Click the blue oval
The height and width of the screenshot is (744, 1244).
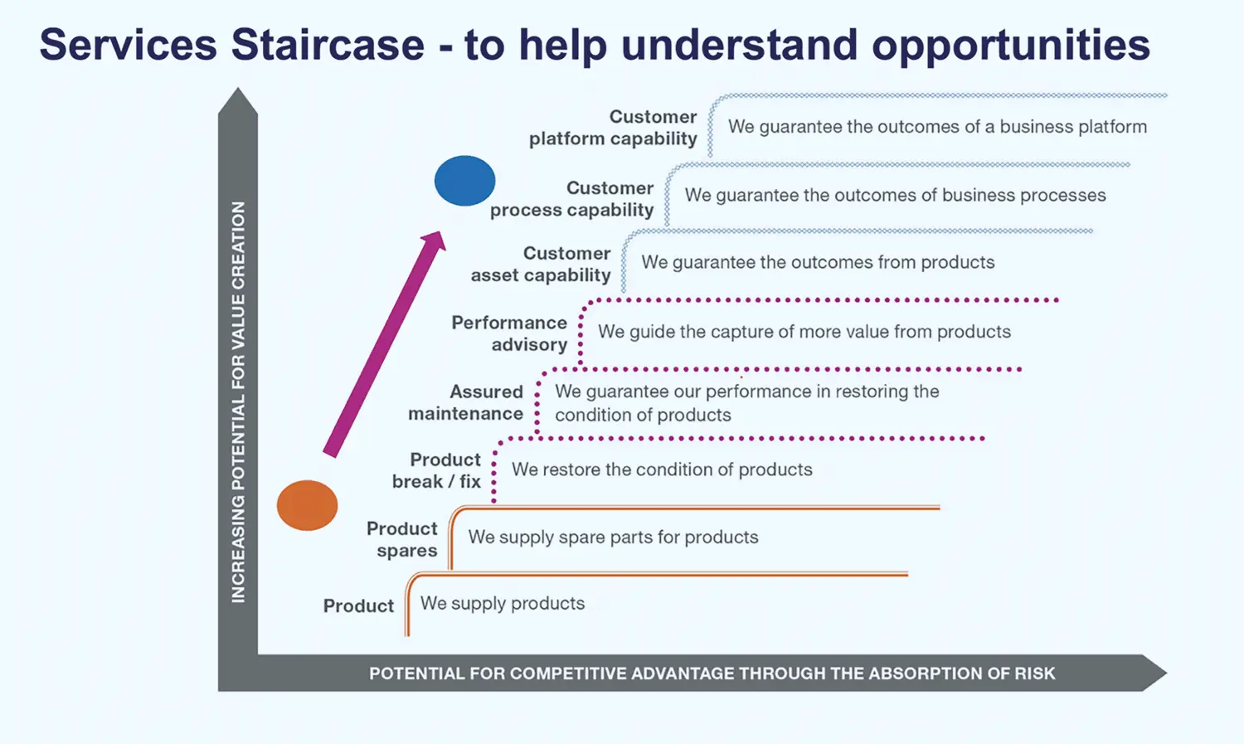(464, 181)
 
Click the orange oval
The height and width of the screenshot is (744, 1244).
(307, 505)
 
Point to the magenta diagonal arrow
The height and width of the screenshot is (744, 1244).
(385, 344)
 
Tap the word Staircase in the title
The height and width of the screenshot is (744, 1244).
(328, 45)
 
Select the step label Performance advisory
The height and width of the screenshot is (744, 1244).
(509, 333)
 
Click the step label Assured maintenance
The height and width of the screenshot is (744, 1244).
(465, 402)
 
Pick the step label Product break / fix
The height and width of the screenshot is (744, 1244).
(436, 470)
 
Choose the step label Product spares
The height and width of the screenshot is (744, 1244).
(402, 539)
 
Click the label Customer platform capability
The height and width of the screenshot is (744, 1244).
(613, 127)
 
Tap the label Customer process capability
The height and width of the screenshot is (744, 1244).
(571, 199)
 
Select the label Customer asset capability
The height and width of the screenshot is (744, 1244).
(541, 264)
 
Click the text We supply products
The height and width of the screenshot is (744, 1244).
(503, 603)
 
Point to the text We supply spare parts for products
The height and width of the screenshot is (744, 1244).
(613, 537)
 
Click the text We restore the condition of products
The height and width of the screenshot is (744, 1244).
(662, 469)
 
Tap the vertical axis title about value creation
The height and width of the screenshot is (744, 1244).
(238, 401)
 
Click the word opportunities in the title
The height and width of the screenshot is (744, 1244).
(1011, 46)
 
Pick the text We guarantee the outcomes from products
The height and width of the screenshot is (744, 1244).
(818, 262)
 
